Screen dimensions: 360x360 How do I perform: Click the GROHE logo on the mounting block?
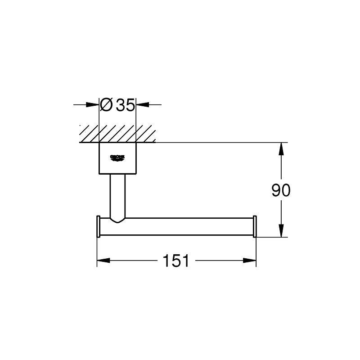[117, 157]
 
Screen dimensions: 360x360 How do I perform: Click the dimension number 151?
[176, 261]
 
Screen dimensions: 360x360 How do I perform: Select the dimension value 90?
[281, 191]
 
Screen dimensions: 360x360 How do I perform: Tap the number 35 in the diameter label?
[125, 105]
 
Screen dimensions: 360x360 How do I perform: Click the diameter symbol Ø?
[106, 105]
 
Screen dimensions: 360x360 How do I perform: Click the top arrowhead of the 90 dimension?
[282, 148]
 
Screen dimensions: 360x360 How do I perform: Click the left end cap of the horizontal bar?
[98, 226]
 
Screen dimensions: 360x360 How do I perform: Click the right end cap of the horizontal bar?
[255, 226]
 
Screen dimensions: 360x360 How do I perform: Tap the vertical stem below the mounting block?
[117, 193]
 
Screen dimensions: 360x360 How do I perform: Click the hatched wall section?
[117, 134]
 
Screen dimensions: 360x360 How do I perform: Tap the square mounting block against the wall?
[117, 158]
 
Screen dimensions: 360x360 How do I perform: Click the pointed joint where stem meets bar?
[117, 220]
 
